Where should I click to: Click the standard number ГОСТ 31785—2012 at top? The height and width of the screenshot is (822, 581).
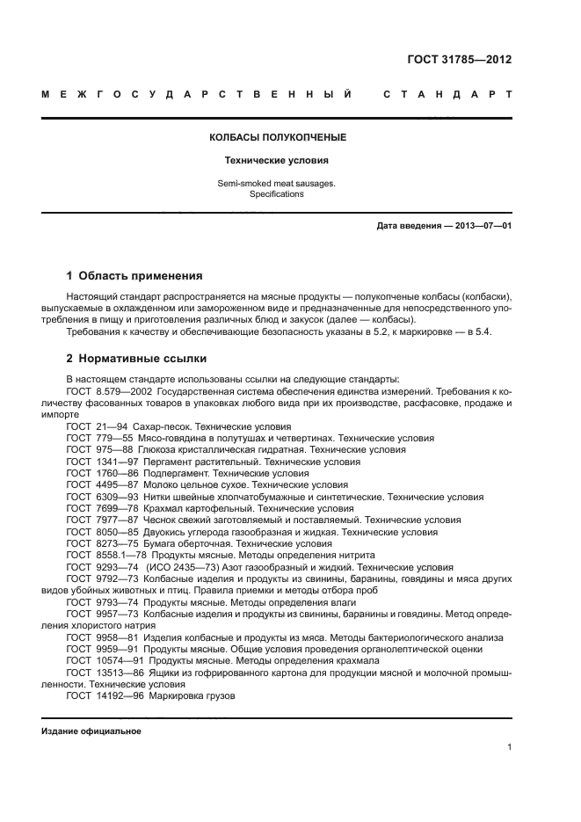tap(460, 60)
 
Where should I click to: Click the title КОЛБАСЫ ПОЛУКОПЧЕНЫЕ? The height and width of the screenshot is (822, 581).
tap(277, 138)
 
